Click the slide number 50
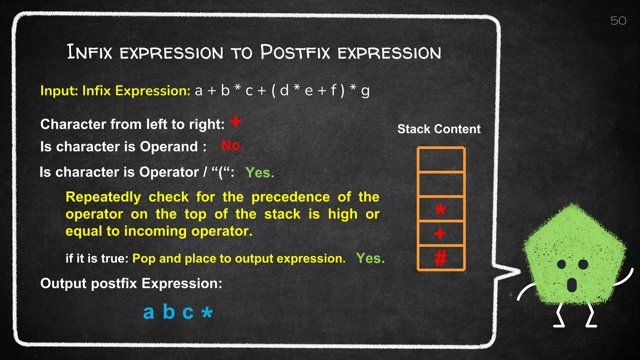618,21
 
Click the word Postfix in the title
295,52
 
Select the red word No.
232,146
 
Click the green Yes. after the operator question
260,172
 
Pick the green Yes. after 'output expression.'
370,258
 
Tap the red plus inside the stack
440,233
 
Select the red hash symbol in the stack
440,258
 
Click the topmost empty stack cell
441,160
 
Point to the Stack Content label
439,129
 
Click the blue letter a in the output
148,312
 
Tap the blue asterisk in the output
207,312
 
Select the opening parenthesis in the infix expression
273,91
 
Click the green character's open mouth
572,285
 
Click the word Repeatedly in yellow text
103,197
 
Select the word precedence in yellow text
290,197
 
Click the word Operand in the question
169,147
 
